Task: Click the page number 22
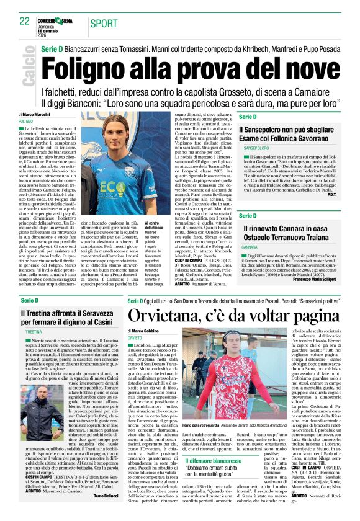(x=24, y=20)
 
